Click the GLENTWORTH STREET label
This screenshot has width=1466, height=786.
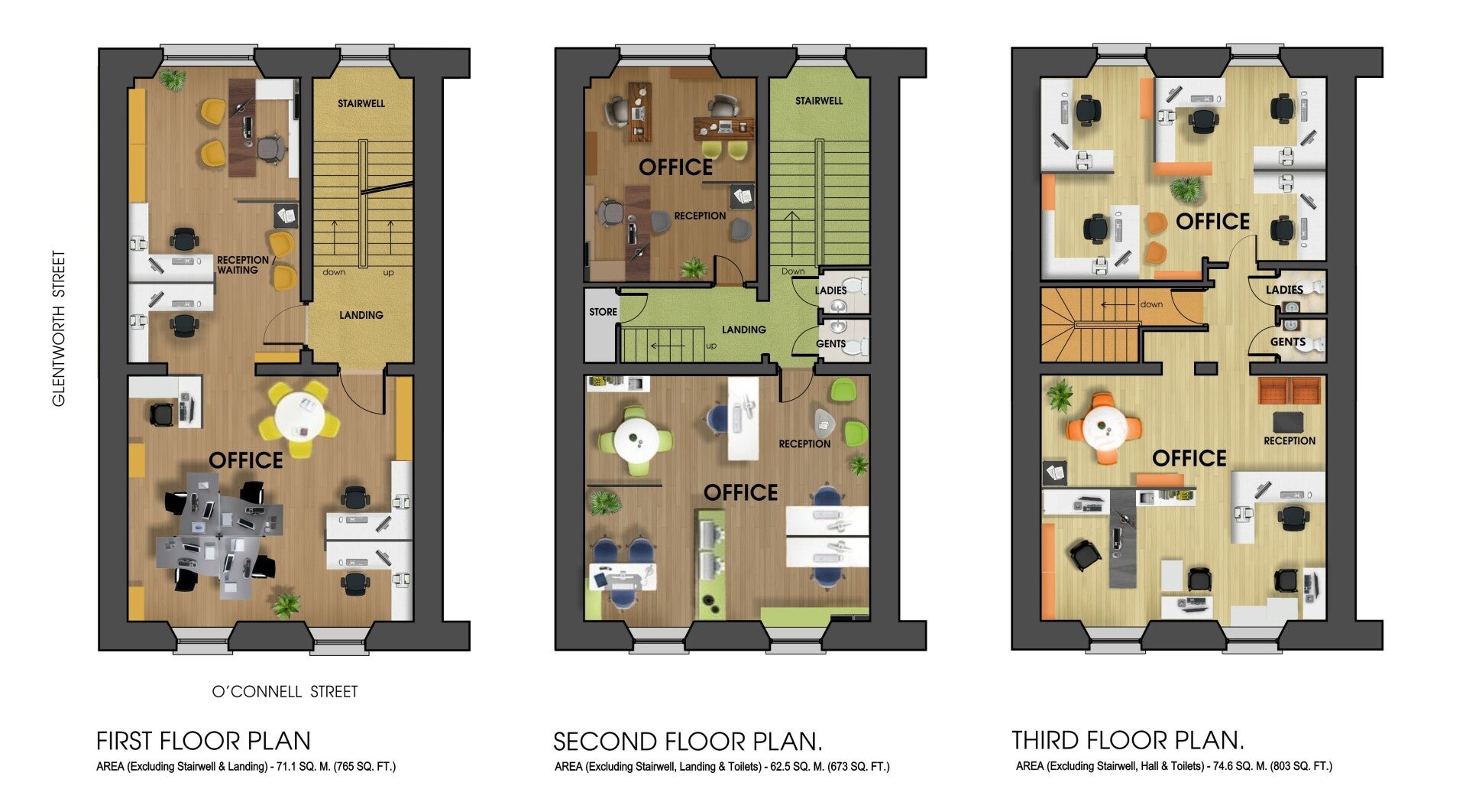[x=59, y=329]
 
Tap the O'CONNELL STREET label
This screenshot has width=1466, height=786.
[x=285, y=692]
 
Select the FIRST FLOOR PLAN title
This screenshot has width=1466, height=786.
[x=203, y=741]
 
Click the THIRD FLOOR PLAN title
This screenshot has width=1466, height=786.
[x=1128, y=740]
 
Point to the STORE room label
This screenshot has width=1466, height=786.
[x=603, y=312]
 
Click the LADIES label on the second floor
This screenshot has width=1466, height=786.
[x=830, y=291]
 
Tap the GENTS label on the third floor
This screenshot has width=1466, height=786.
[x=1288, y=342]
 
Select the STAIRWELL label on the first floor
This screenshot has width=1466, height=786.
[x=361, y=103]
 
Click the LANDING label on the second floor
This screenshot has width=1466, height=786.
[x=743, y=330]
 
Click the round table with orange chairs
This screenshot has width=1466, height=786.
[x=1102, y=428]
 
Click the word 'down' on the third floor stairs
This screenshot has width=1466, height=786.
[x=1151, y=304]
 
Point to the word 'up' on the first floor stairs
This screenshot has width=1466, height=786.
[x=388, y=273]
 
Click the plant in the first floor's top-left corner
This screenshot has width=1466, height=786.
[x=173, y=79]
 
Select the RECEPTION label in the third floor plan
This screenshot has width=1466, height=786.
[x=1290, y=441]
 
